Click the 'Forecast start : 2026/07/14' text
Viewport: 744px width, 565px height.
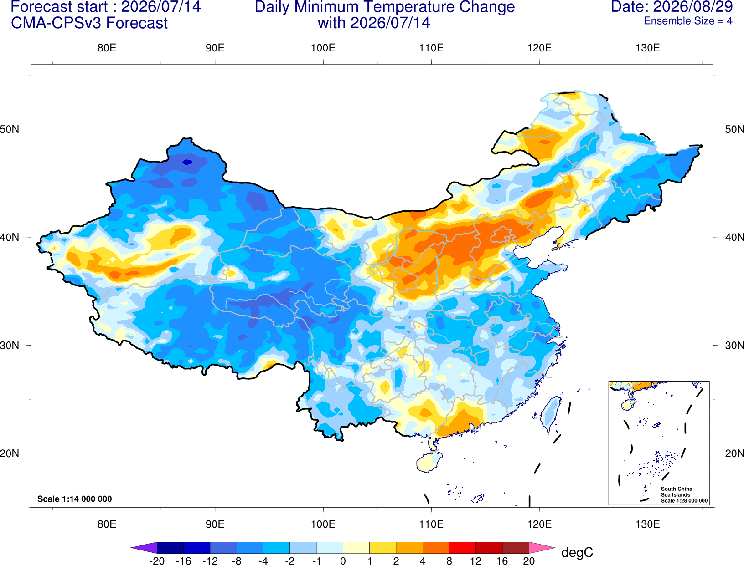[106, 7]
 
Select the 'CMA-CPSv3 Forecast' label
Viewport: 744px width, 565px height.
[89, 23]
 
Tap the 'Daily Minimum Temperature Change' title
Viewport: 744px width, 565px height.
[385, 7]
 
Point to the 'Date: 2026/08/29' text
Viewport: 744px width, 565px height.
[672, 7]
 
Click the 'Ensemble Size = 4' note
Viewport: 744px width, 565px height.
[688, 21]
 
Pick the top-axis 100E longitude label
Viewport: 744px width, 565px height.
[323, 48]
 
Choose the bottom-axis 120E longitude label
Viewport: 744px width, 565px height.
[539, 524]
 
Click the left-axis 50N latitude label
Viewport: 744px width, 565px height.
[10, 129]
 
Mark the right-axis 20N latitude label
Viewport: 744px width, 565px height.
[734, 453]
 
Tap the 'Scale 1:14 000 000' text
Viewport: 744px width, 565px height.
[75, 499]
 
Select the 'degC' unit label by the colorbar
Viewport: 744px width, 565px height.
[577, 552]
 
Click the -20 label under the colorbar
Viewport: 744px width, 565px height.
[157, 561]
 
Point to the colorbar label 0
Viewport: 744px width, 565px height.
[343, 561]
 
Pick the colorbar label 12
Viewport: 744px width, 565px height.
[475, 561]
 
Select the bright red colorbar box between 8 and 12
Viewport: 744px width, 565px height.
[462, 547]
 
